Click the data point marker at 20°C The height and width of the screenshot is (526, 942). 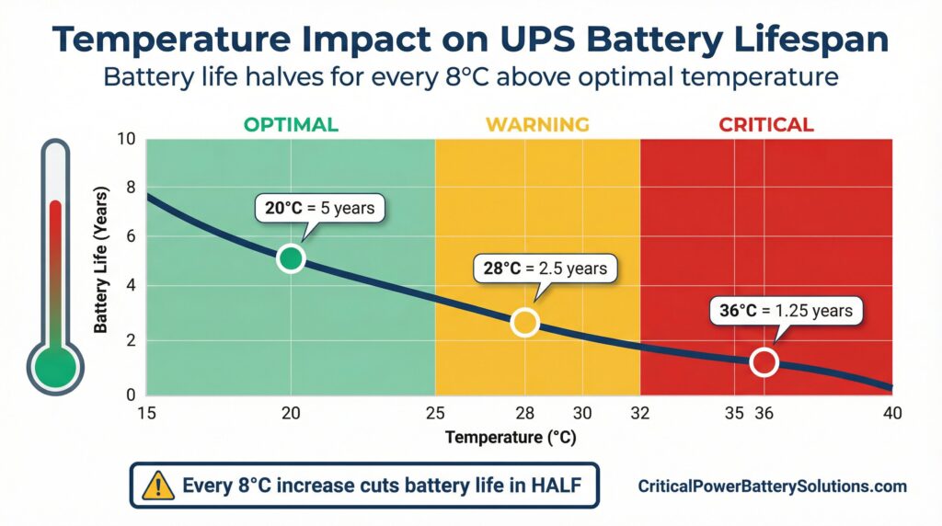[291, 258]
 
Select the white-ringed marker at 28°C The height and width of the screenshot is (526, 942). [524, 322]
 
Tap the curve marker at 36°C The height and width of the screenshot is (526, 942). [764, 362]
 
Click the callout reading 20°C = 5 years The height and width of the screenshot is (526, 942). [320, 208]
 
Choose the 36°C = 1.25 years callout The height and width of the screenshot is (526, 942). [786, 311]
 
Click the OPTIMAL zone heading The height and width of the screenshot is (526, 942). [290, 124]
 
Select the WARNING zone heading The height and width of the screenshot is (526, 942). [537, 124]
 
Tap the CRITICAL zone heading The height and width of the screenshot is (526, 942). [766, 124]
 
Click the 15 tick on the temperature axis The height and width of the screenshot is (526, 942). [146, 414]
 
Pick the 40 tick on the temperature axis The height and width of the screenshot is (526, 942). [891, 414]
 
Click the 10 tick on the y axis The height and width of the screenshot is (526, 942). [127, 140]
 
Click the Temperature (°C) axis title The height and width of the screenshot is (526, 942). [511, 438]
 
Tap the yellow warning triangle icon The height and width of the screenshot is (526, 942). [157, 486]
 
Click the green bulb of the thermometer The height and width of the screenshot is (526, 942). [55, 368]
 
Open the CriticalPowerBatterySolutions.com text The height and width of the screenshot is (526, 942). [772, 486]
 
